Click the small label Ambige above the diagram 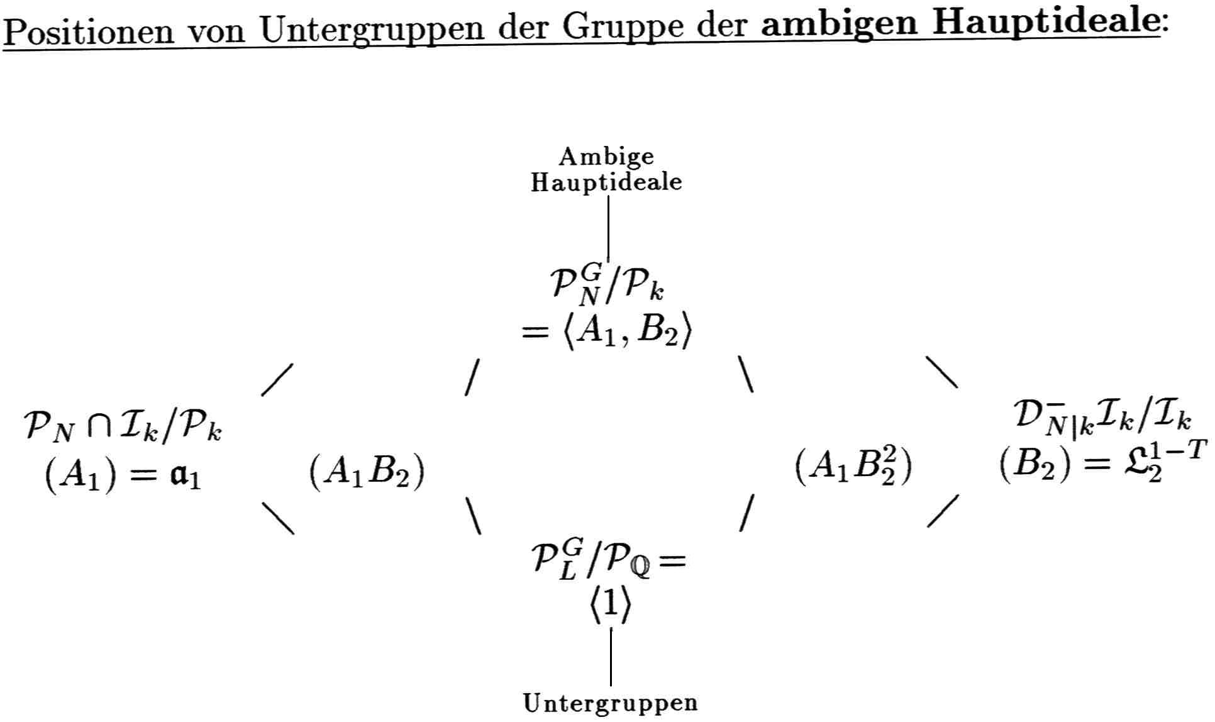coord(606,156)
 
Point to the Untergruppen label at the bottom coord(610,703)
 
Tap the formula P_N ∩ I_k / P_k coord(123,428)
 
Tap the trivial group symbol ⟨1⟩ coord(610,605)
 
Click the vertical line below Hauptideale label coord(608,226)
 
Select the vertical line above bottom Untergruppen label coord(611,655)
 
